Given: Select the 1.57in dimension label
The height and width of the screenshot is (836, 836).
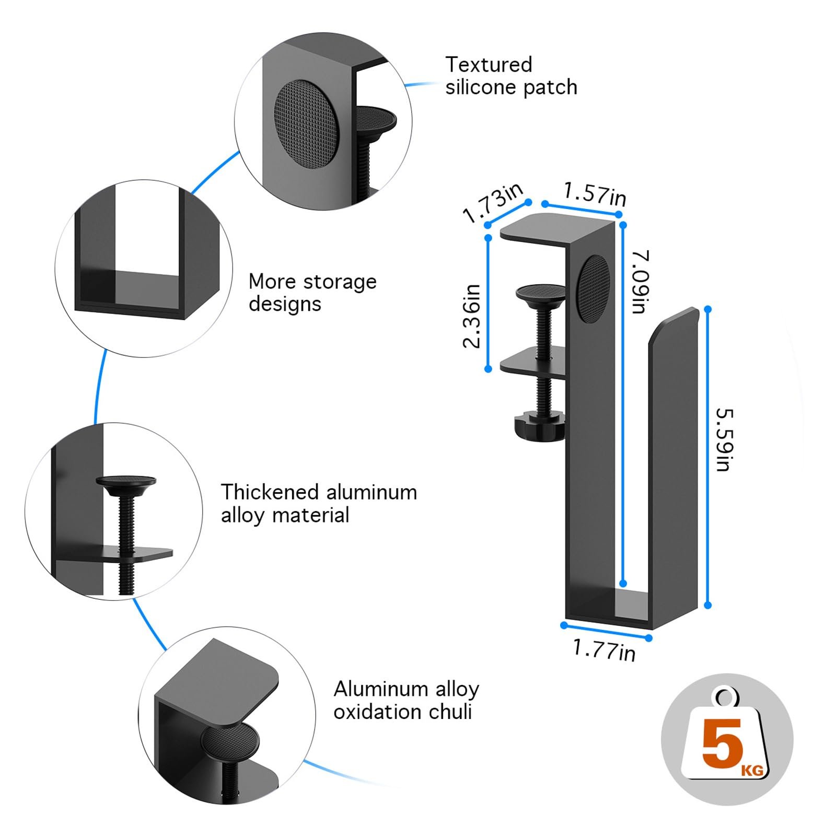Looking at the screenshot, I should (595, 194).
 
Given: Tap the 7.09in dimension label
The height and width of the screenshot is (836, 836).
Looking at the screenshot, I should (640, 282).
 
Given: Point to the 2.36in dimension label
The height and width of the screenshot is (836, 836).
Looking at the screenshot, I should (471, 316).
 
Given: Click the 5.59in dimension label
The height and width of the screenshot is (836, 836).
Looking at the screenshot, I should (725, 439).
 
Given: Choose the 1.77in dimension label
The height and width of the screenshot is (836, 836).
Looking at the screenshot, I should (605, 650).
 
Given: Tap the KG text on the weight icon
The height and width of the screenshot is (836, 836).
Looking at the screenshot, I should (751, 770).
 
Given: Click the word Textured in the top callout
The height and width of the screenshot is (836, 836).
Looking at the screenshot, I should (489, 65).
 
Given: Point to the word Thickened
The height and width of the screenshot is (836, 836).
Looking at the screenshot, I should (270, 492).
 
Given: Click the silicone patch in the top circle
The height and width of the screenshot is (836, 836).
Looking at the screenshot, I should (306, 124).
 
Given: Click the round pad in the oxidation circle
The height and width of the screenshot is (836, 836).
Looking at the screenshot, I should (230, 742).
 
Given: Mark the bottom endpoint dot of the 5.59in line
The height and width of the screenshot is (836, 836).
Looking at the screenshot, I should (708, 605).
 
